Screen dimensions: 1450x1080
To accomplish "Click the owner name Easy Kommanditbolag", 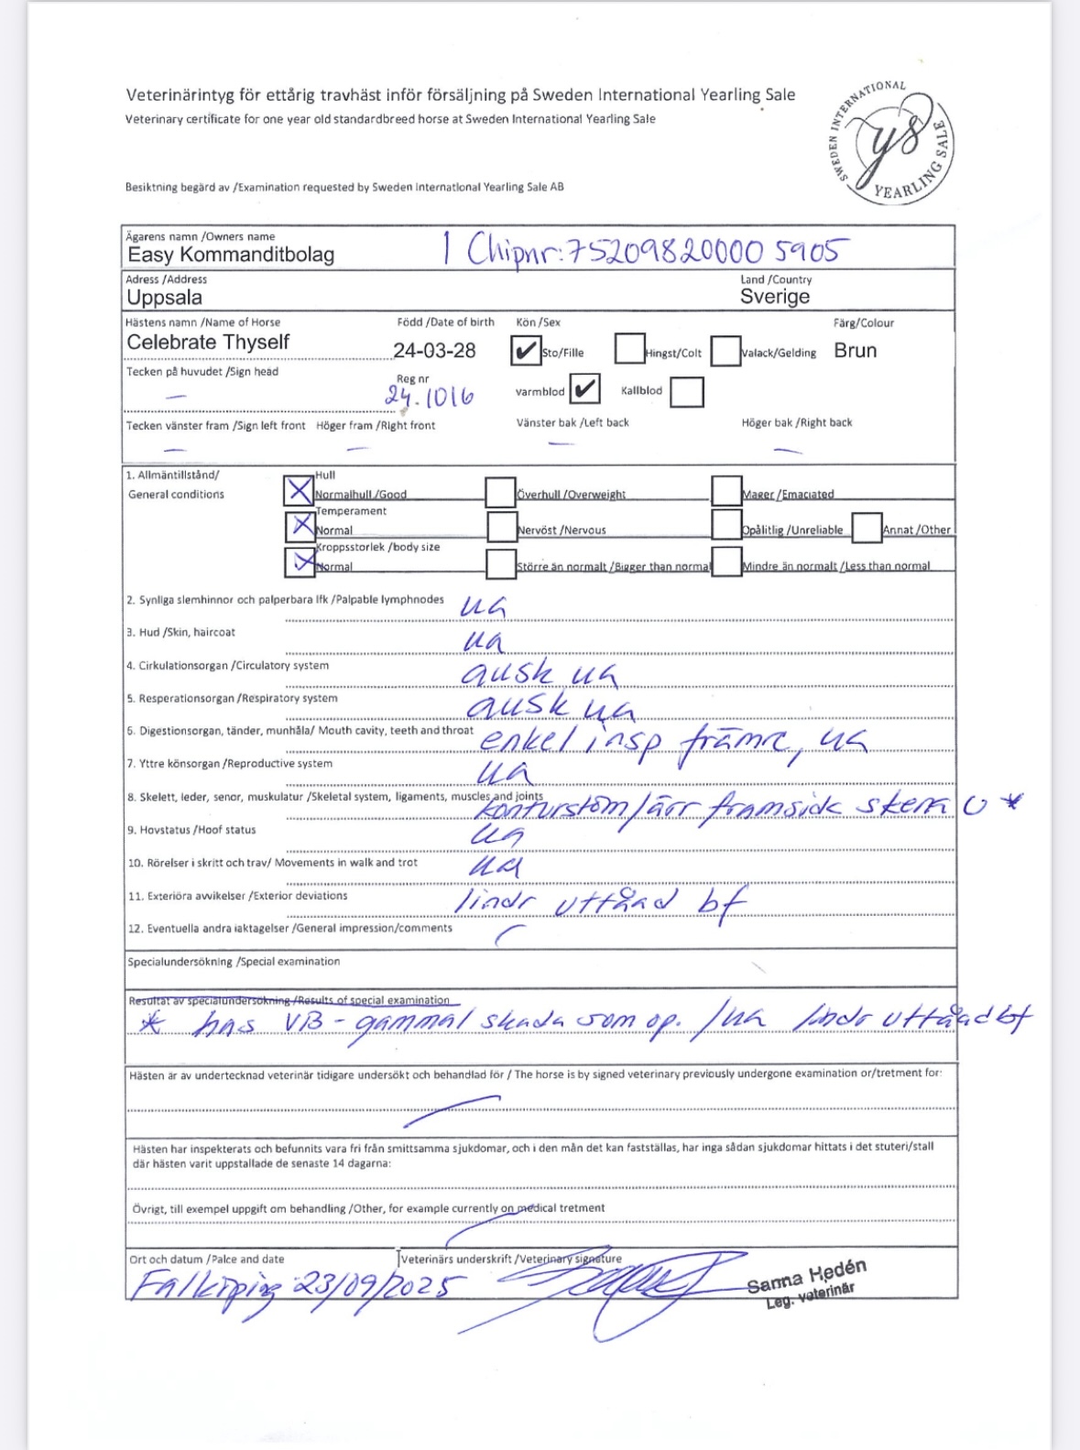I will pyautogui.click(x=231, y=255).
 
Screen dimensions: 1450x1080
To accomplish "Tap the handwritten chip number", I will pyautogui.click(x=658, y=249).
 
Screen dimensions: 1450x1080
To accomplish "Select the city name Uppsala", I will pyautogui.click(x=165, y=298).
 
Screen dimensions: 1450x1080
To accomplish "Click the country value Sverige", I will pyautogui.click(x=775, y=297).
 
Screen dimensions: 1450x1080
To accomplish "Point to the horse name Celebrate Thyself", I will pyautogui.click(x=208, y=343).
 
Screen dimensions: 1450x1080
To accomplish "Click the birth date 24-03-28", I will pyautogui.click(x=434, y=351).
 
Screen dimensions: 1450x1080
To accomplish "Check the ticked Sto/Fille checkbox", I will pyautogui.click(x=526, y=350).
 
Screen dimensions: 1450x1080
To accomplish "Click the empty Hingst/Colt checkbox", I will pyautogui.click(x=629, y=349).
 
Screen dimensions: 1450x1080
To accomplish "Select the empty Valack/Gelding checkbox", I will pyautogui.click(x=725, y=351).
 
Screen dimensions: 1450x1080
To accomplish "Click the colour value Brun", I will pyautogui.click(x=855, y=351).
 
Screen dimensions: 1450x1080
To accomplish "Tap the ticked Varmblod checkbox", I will pyautogui.click(x=584, y=389).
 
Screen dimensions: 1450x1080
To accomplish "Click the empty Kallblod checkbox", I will pyautogui.click(x=686, y=391).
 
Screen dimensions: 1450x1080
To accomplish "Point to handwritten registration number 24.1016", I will pyautogui.click(x=429, y=397).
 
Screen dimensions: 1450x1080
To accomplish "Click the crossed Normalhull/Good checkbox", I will pyautogui.click(x=299, y=491).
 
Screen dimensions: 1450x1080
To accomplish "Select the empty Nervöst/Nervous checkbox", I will pyautogui.click(x=502, y=527).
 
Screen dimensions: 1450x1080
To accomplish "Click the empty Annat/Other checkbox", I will pyautogui.click(x=867, y=528).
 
